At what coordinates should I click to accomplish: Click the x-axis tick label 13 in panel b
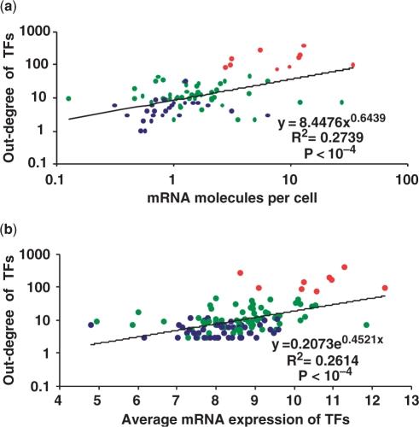tap(410, 400)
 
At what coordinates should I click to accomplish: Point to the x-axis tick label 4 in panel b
tap(59, 400)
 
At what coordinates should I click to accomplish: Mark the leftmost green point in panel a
tap(68, 98)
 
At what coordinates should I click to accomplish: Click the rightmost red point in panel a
tap(352, 65)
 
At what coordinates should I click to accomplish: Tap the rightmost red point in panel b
tap(385, 288)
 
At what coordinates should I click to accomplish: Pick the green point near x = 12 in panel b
tap(367, 325)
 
